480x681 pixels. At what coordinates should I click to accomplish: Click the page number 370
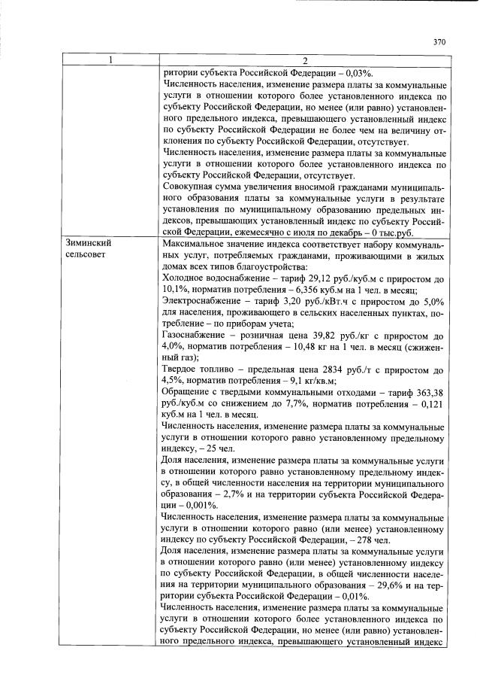(x=440, y=42)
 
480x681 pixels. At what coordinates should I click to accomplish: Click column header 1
(x=110, y=60)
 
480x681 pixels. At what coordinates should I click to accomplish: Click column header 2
(x=305, y=60)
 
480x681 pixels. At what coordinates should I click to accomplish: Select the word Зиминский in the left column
(x=85, y=243)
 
